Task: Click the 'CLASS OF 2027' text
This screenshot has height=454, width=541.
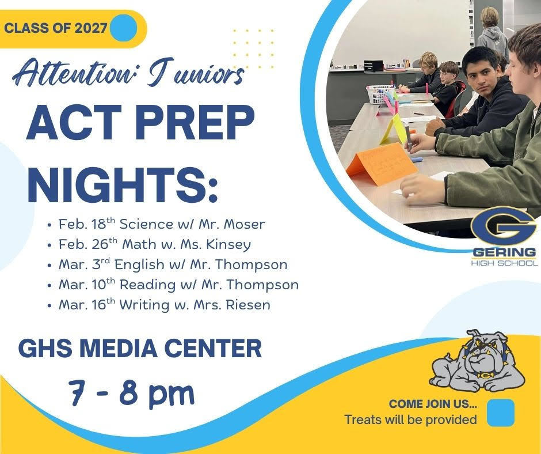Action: coord(56,28)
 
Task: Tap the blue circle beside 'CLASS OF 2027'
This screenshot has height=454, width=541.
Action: coord(123,28)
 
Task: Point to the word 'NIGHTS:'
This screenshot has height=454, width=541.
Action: coord(123,183)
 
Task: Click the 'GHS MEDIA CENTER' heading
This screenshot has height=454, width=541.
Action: coord(140,348)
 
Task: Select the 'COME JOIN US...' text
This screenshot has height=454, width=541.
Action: coord(433,404)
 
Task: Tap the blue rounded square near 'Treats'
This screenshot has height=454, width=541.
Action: coord(500,413)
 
